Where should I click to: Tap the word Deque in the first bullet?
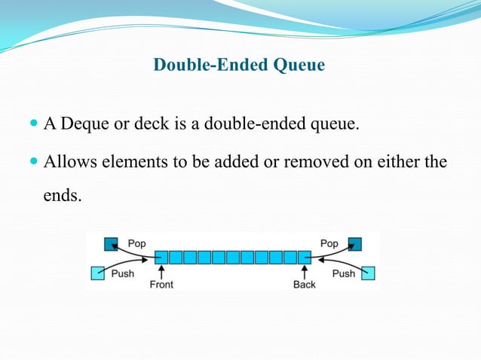[x=84, y=124]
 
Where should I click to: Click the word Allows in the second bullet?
[x=68, y=162]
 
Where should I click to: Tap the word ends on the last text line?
[x=60, y=195]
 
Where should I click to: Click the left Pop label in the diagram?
[x=137, y=244]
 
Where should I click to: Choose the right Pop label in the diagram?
[x=329, y=244]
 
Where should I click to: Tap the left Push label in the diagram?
[x=122, y=273]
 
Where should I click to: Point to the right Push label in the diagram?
[x=343, y=273]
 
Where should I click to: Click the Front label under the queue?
[x=161, y=285]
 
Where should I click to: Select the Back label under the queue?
[x=305, y=285]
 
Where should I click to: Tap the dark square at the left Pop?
[x=111, y=244]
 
